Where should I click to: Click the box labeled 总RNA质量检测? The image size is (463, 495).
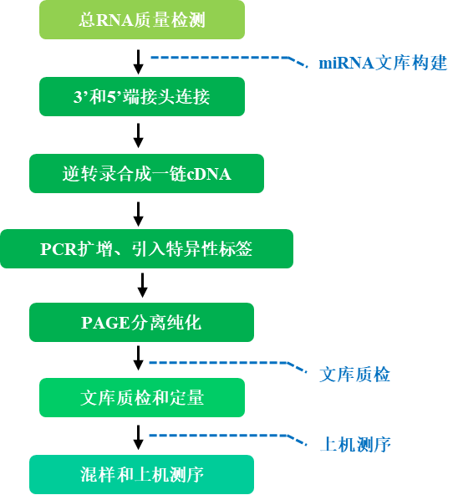[142, 19]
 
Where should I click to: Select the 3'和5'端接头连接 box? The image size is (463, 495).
[142, 97]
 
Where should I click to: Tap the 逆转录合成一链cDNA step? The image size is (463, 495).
[147, 174]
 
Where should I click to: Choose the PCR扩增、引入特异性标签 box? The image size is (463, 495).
[147, 249]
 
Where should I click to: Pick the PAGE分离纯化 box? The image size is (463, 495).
[142, 322]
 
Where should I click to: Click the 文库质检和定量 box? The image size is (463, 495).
[142, 397]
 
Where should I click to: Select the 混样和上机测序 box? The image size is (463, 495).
[142, 474]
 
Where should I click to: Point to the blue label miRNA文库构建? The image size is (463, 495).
[383, 63]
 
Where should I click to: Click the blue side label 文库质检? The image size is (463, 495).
[354, 375]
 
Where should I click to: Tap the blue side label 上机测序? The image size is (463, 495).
[355, 445]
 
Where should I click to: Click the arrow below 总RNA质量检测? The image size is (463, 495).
[138, 62]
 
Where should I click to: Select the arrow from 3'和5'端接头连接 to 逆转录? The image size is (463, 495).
[138, 135]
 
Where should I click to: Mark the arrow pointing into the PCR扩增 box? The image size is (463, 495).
[138, 214]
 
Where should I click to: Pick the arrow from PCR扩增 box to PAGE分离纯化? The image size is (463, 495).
[143, 285]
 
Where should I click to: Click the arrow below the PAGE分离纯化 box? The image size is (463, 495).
[138, 358]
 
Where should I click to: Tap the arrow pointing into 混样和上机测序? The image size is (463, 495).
[138, 437]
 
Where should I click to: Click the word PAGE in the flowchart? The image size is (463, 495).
[105, 323]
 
